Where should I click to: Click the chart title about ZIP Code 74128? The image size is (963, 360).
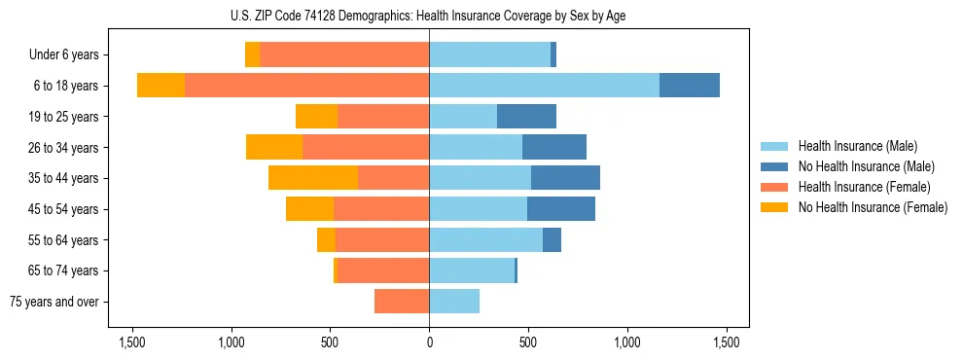tap(429, 16)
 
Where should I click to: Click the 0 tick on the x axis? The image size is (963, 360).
tap(429, 342)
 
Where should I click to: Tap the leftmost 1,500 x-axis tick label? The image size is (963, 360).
tap(131, 342)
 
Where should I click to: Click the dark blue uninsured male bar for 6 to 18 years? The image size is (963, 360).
tap(690, 86)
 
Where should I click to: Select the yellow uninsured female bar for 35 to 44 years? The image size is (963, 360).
tap(313, 178)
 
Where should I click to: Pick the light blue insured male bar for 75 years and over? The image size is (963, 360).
tap(454, 302)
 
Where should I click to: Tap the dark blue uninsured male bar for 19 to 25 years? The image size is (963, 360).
tap(526, 117)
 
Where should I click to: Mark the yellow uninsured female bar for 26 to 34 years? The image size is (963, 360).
tap(274, 147)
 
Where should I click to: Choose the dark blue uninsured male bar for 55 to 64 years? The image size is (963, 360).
tap(552, 239)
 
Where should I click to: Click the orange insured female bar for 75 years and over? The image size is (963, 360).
tap(402, 302)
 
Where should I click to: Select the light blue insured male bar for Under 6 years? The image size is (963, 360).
tap(489, 55)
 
